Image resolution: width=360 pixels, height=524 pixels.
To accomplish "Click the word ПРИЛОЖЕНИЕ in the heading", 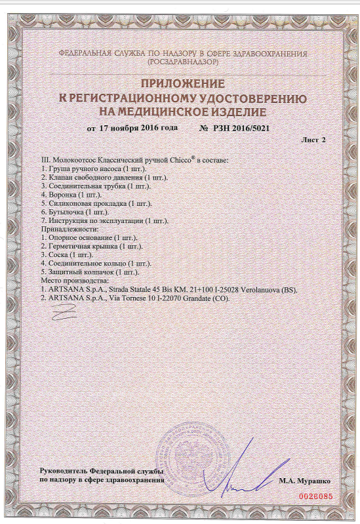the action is click(x=182, y=84).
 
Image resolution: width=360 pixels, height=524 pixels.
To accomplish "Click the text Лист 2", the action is click(x=313, y=140).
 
